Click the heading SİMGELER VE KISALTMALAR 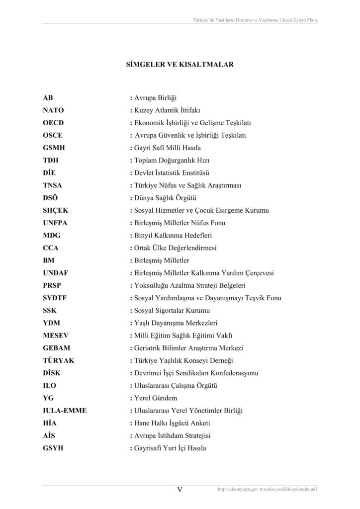point(180,65)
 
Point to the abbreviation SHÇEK point(56,210)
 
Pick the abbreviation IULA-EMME point(65,411)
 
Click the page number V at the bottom point(180,490)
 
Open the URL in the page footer point(268,490)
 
